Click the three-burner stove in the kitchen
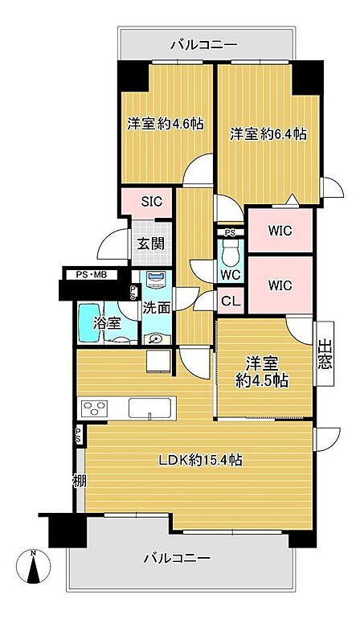point(94,408)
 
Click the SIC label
point(152,201)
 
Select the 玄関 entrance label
point(150,244)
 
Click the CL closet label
point(231,301)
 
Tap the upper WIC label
point(280,231)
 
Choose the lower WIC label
point(280,285)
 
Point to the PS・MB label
point(92,275)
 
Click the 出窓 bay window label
point(325,354)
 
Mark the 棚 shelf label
point(80,481)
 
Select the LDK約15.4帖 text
point(200,460)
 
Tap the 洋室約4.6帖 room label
point(166,124)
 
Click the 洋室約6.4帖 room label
point(268,134)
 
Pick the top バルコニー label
point(204,44)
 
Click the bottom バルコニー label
point(177,558)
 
